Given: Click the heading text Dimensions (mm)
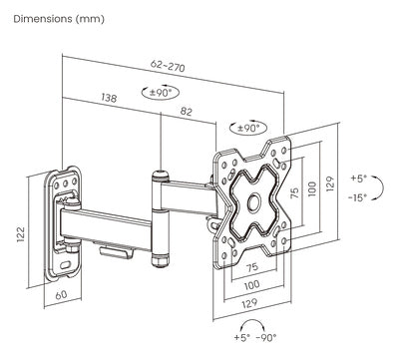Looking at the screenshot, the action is [x=59, y=19].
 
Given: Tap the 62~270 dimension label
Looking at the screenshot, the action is [x=168, y=66].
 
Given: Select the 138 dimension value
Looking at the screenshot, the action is [x=109, y=98].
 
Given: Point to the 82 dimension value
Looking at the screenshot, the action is [x=187, y=111].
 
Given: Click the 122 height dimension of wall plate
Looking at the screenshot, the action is [x=21, y=234].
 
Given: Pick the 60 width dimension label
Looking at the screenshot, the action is [x=61, y=295].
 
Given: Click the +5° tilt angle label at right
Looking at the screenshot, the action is [x=358, y=179].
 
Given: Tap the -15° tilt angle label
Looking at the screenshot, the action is [x=357, y=197].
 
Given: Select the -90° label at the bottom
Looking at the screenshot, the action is [x=266, y=338].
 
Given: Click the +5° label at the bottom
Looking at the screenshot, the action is [x=242, y=338].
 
